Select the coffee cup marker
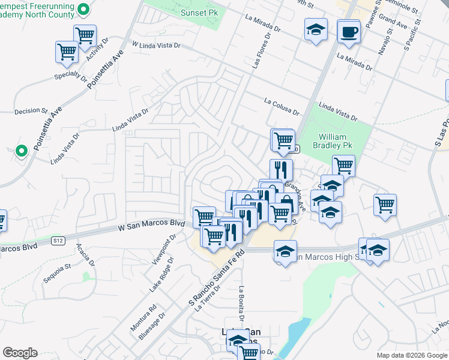[x=348, y=31]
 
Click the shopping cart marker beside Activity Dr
[x=85, y=36]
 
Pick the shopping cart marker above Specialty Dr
[x=67, y=52]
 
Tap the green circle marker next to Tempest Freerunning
[x=84, y=9]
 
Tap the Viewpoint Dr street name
[x=166, y=250]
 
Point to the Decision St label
[x=31, y=111]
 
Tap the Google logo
[x=20, y=353]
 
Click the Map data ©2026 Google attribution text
[x=411, y=355]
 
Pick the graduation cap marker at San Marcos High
[x=286, y=251]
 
